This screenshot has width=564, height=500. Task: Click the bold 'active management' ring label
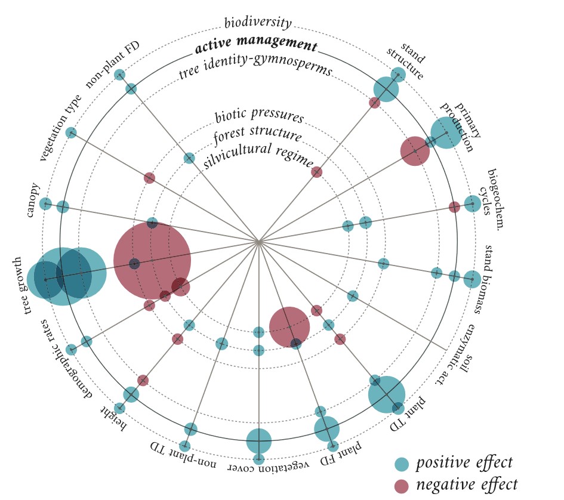[x=257, y=45]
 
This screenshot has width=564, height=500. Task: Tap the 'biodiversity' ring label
[x=258, y=23]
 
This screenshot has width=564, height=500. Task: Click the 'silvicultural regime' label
[x=258, y=155]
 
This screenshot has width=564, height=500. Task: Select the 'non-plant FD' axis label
[x=113, y=64]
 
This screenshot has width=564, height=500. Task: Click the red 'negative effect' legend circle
[x=402, y=484]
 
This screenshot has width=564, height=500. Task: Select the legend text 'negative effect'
[x=466, y=484]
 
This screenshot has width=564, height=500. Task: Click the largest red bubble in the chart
[x=152, y=260]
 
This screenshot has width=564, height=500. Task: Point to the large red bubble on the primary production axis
[x=415, y=151]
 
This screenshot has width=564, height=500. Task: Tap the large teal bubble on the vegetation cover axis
[x=259, y=442]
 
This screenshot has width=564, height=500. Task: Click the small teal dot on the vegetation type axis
[x=71, y=132]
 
